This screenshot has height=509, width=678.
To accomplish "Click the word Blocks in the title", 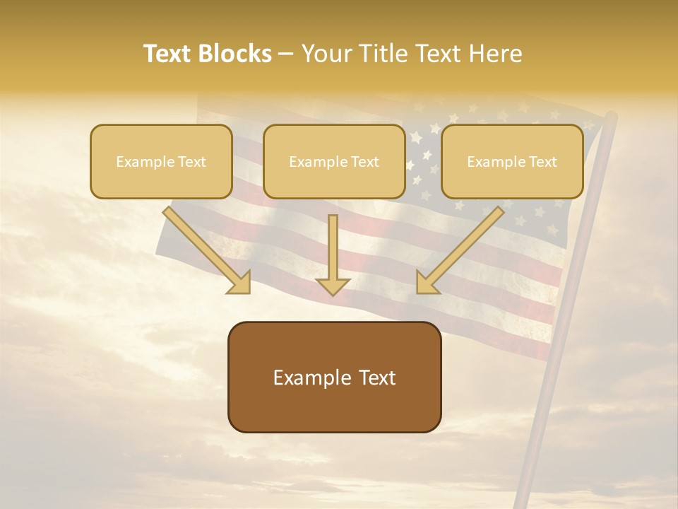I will coord(234,54).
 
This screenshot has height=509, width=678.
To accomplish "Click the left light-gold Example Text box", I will coord(161,161).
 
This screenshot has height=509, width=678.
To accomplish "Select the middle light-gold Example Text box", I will coord(334,161).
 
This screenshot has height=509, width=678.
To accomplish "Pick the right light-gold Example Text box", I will coord(512,161).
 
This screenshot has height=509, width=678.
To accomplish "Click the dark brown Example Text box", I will coord(334,377).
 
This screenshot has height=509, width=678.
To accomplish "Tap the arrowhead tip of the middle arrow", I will coord(333,293).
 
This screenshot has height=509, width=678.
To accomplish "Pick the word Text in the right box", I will coord(542,162).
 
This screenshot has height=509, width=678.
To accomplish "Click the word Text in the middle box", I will coord(364,162).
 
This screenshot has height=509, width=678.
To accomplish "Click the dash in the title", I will coord(287,54).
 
